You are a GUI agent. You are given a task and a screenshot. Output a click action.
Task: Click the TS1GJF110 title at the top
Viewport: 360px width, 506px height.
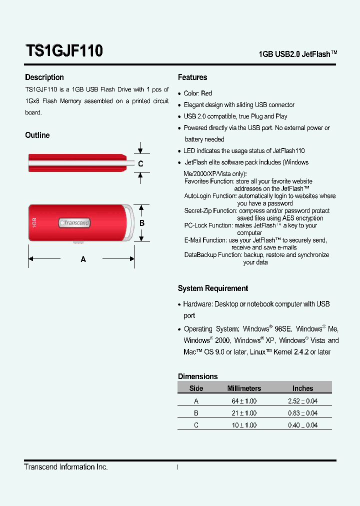tap(64, 50)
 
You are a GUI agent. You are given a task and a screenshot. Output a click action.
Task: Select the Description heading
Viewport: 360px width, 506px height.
tap(44, 77)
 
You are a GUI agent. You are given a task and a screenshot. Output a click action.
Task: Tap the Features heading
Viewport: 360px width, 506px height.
tap(192, 77)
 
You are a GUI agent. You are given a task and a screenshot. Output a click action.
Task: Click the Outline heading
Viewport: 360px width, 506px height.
tap(37, 135)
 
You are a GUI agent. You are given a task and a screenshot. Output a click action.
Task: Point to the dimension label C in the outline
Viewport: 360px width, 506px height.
tap(140, 164)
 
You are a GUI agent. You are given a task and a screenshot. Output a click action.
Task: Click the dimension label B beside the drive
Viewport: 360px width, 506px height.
tap(142, 223)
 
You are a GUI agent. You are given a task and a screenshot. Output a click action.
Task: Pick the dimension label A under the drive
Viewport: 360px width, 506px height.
tap(83, 259)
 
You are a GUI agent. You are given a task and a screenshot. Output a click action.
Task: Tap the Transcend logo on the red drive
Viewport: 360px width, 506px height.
tap(75, 222)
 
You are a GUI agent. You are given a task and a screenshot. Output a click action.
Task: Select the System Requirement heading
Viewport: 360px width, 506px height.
tap(213, 288)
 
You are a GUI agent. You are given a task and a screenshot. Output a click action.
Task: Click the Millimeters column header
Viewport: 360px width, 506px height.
tap(244, 388)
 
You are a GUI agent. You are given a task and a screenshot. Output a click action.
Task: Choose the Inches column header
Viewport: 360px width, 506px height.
tap(302, 388)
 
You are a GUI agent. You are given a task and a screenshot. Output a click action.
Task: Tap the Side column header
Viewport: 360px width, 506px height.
tap(196, 388)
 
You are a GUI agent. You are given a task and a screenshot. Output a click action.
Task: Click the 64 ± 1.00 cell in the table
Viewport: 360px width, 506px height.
tap(244, 401)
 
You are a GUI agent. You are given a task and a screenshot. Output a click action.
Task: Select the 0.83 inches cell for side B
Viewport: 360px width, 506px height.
tap(302, 413)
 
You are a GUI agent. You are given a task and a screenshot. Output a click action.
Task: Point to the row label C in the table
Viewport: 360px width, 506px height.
tap(196, 425)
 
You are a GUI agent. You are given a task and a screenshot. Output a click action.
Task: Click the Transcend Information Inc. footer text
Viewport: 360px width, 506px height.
tap(66, 467)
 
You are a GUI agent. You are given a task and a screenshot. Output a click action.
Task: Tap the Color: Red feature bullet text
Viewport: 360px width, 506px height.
tap(198, 93)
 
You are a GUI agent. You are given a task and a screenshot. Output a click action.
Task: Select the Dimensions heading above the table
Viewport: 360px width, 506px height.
tap(198, 376)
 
